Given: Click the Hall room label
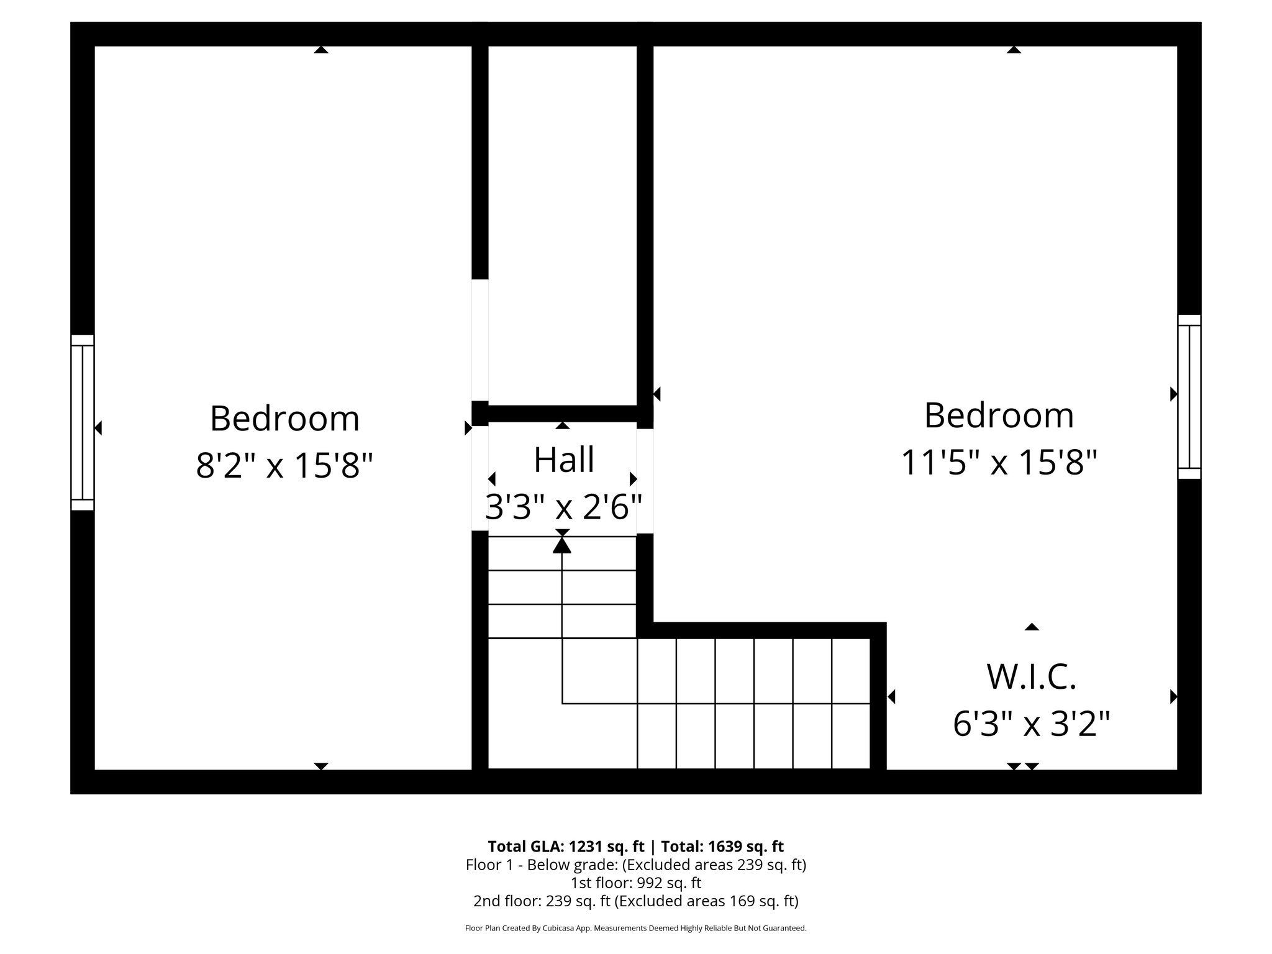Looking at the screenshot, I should coord(564,460).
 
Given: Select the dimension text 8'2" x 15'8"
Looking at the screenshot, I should coord(284,465).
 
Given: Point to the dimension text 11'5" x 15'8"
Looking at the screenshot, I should coord(999,463).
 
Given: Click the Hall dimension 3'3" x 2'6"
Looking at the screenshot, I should coord(563,507).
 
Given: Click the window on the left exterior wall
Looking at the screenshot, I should coord(82,422).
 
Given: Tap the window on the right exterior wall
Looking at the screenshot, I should coord(1189,396).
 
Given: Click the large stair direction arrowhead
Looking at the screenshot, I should coord(562,545).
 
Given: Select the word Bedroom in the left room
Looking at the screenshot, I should coord(284,419).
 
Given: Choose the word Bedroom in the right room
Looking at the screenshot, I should coord(999,416).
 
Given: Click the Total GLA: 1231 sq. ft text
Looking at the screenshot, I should coord(566,847).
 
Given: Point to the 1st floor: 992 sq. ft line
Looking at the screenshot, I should coord(636,883).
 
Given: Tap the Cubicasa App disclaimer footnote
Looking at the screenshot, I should coord(636,929).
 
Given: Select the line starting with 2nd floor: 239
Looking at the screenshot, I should coord(636,901).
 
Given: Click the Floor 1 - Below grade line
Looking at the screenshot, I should coord(636,865).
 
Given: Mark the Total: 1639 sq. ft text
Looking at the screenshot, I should coord(722,847).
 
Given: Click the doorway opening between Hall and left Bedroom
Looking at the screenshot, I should coord(480,478).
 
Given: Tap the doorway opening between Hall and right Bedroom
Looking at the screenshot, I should coord(645,481).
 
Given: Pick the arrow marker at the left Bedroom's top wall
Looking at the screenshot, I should coord(320,50).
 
